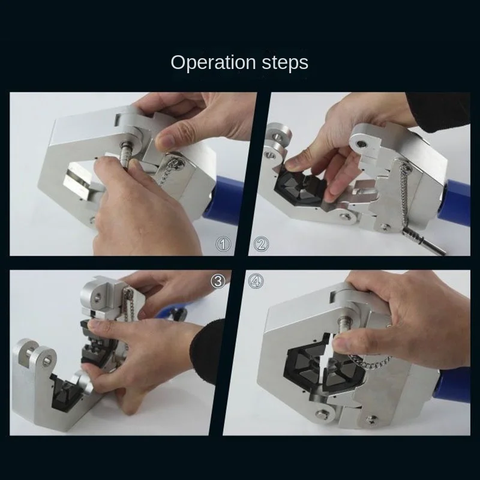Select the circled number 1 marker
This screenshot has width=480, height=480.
coord(224,244)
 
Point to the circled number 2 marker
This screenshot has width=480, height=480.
coord(262,244)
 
